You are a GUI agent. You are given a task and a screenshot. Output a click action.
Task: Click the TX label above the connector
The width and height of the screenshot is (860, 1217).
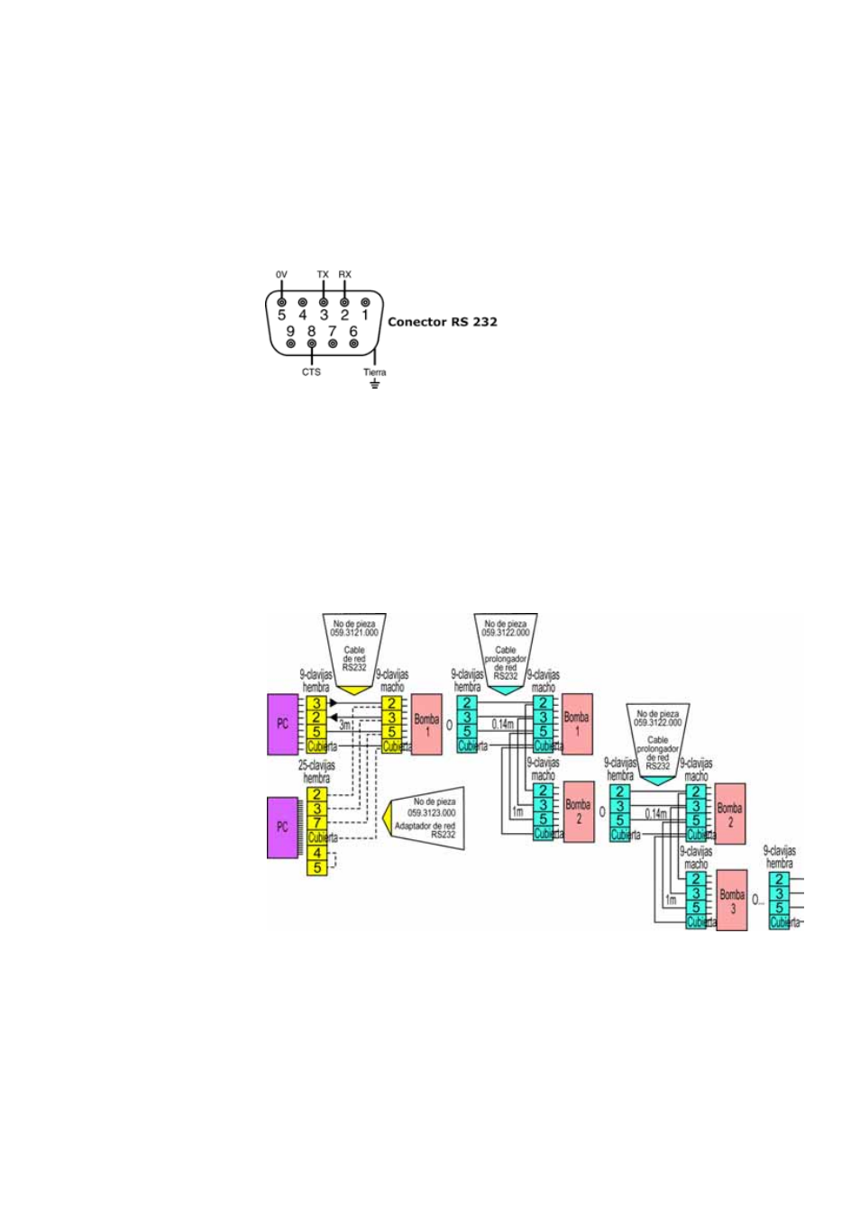[x=323, y=274]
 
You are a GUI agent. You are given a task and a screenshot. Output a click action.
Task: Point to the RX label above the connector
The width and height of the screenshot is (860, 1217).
[x=344, y=274]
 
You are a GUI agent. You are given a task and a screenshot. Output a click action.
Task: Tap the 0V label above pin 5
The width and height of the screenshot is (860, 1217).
[x=281, y=274]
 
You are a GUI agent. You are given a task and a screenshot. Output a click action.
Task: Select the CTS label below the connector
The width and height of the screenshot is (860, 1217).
[x=311, y=371]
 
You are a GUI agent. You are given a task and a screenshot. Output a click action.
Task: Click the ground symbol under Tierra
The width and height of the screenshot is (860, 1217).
[x=375, y=384]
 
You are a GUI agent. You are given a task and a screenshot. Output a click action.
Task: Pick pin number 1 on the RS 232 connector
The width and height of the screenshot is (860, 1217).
[x=365, y=315]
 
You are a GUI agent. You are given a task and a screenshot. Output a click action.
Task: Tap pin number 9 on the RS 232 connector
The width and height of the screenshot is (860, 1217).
[x=290, y=331]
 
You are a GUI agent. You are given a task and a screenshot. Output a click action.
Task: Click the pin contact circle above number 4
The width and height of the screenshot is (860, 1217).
[x=303, y=303]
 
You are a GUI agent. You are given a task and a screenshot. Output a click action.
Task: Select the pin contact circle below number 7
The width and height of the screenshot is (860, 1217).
[x=333, y=343]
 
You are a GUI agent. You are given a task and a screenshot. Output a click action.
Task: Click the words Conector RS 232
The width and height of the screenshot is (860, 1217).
[x=442, y=322]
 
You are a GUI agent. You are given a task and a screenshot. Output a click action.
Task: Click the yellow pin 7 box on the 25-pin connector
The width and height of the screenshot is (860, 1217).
[x=316, y=822]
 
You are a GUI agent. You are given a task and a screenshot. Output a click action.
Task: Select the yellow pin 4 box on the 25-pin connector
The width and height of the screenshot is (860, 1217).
[x=316, y=853]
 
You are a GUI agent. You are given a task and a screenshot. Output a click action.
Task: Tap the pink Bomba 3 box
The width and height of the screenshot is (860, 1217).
[x=732, y=900]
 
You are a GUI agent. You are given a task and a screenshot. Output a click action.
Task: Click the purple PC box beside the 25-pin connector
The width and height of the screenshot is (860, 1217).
[x=282, y=827]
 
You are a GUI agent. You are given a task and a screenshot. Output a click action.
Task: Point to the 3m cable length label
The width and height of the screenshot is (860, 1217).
[x=345, y=725]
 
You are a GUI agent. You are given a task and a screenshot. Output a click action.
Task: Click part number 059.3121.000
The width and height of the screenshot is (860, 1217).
[x=354, y=633]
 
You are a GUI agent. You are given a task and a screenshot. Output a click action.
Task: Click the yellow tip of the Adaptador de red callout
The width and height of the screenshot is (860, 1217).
[x=388, y=819]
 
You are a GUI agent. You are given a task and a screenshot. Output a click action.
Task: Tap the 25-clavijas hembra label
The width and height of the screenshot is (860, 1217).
[x=316, y=772]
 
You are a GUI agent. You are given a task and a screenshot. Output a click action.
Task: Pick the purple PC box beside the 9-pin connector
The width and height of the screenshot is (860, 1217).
[x=282, y=724]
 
